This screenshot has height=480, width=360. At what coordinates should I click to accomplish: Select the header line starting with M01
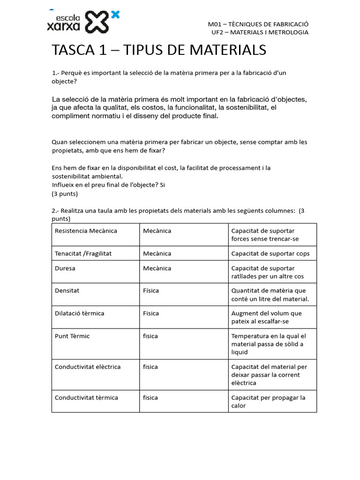(258, 24)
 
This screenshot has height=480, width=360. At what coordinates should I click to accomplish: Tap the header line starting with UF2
(260, 32)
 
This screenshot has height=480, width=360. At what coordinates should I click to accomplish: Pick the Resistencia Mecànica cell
(86, 231)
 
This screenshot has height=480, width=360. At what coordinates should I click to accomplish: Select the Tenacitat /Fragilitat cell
(83, 254)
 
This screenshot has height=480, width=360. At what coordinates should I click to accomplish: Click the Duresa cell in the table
(65, 269)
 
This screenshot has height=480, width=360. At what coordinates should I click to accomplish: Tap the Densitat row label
(67, 291)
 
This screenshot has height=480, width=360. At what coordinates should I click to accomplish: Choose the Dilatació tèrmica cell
(79, 313)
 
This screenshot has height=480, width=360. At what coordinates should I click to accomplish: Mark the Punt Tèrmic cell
(72, 336)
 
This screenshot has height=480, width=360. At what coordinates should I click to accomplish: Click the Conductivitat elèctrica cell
(88, 367)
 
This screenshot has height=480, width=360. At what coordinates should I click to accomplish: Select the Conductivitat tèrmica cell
(86, 397)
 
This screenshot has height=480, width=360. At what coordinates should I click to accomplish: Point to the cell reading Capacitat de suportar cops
(270, 254)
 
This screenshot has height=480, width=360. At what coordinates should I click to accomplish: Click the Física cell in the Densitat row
(151, 291)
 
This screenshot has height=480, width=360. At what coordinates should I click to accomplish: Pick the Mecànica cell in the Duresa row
(157, 269)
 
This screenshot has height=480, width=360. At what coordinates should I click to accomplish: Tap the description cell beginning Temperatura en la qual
(269, 344)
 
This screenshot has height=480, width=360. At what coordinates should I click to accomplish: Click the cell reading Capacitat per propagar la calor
(268, 402)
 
